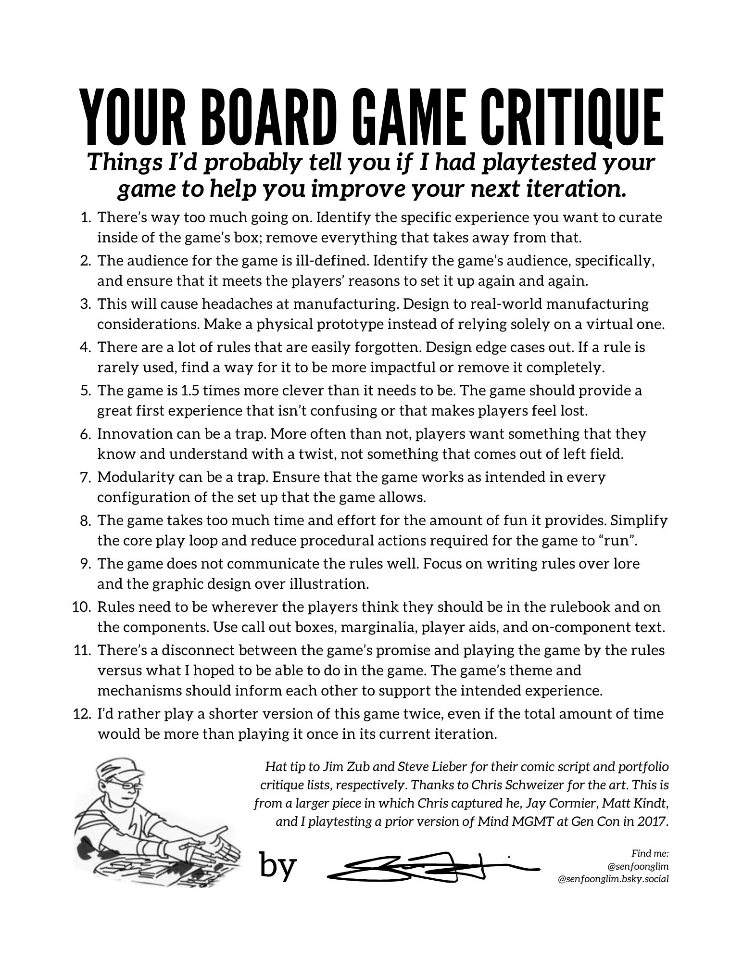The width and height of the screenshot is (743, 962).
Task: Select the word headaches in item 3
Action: [x=207, y=304]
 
